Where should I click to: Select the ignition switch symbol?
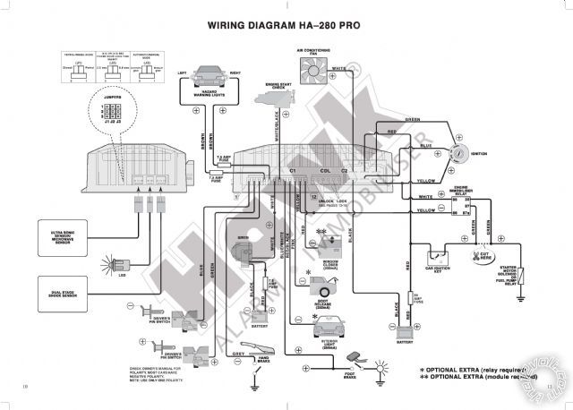[463, 153]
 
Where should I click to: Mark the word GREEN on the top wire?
[413, 119]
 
